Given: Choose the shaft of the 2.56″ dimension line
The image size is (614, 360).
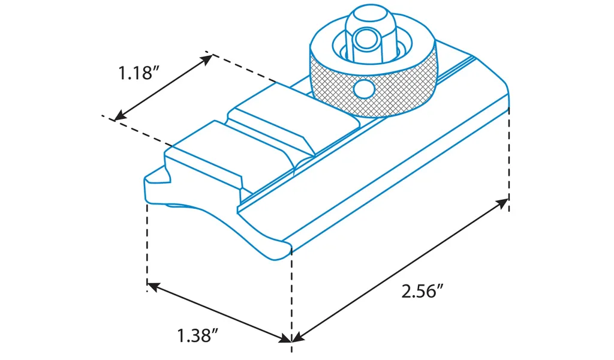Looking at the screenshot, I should coord(399,271).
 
